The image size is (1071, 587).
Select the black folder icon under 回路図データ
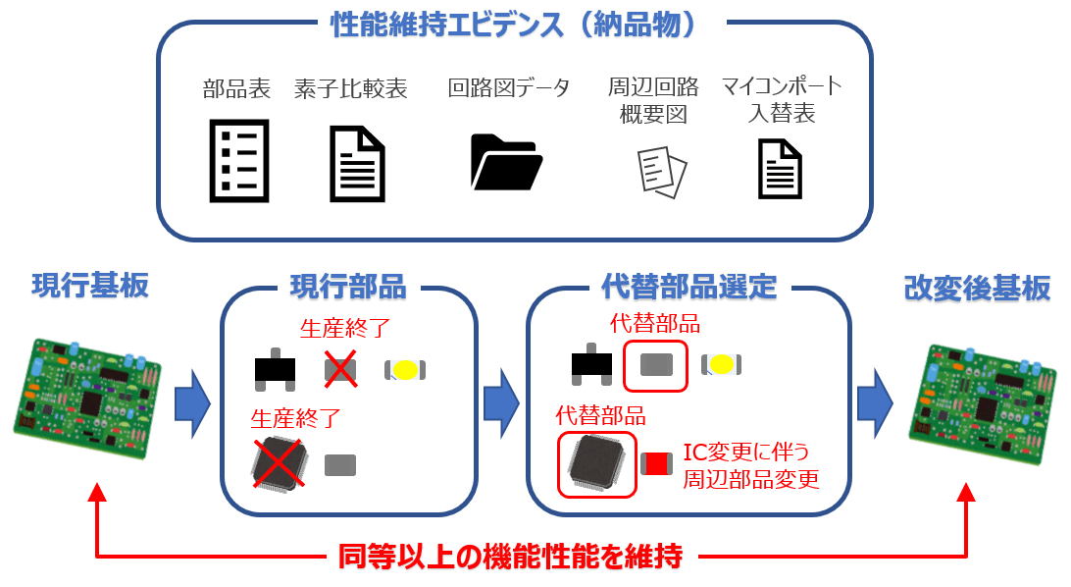pyautogui.click(x=506, y=161)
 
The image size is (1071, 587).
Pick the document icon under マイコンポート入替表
pyautogui.click(x=780, y=168)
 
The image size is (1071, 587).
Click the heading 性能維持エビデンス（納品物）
pyautogui.click(x=514, y=25)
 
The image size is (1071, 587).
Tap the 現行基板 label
pyautogui.click(x=90, y=286)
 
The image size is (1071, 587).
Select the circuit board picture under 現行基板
pyautogui.click(x=86, y=397)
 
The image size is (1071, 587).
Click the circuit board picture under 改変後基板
pyautogui.click(x=982, y=402)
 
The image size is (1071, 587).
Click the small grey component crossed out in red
pyautogui.click(x=339, y=369)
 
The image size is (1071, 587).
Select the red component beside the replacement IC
pyautogui.click(x=654, y=464)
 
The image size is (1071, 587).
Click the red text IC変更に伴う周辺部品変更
pyautogui.click(x=750, y=466)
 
